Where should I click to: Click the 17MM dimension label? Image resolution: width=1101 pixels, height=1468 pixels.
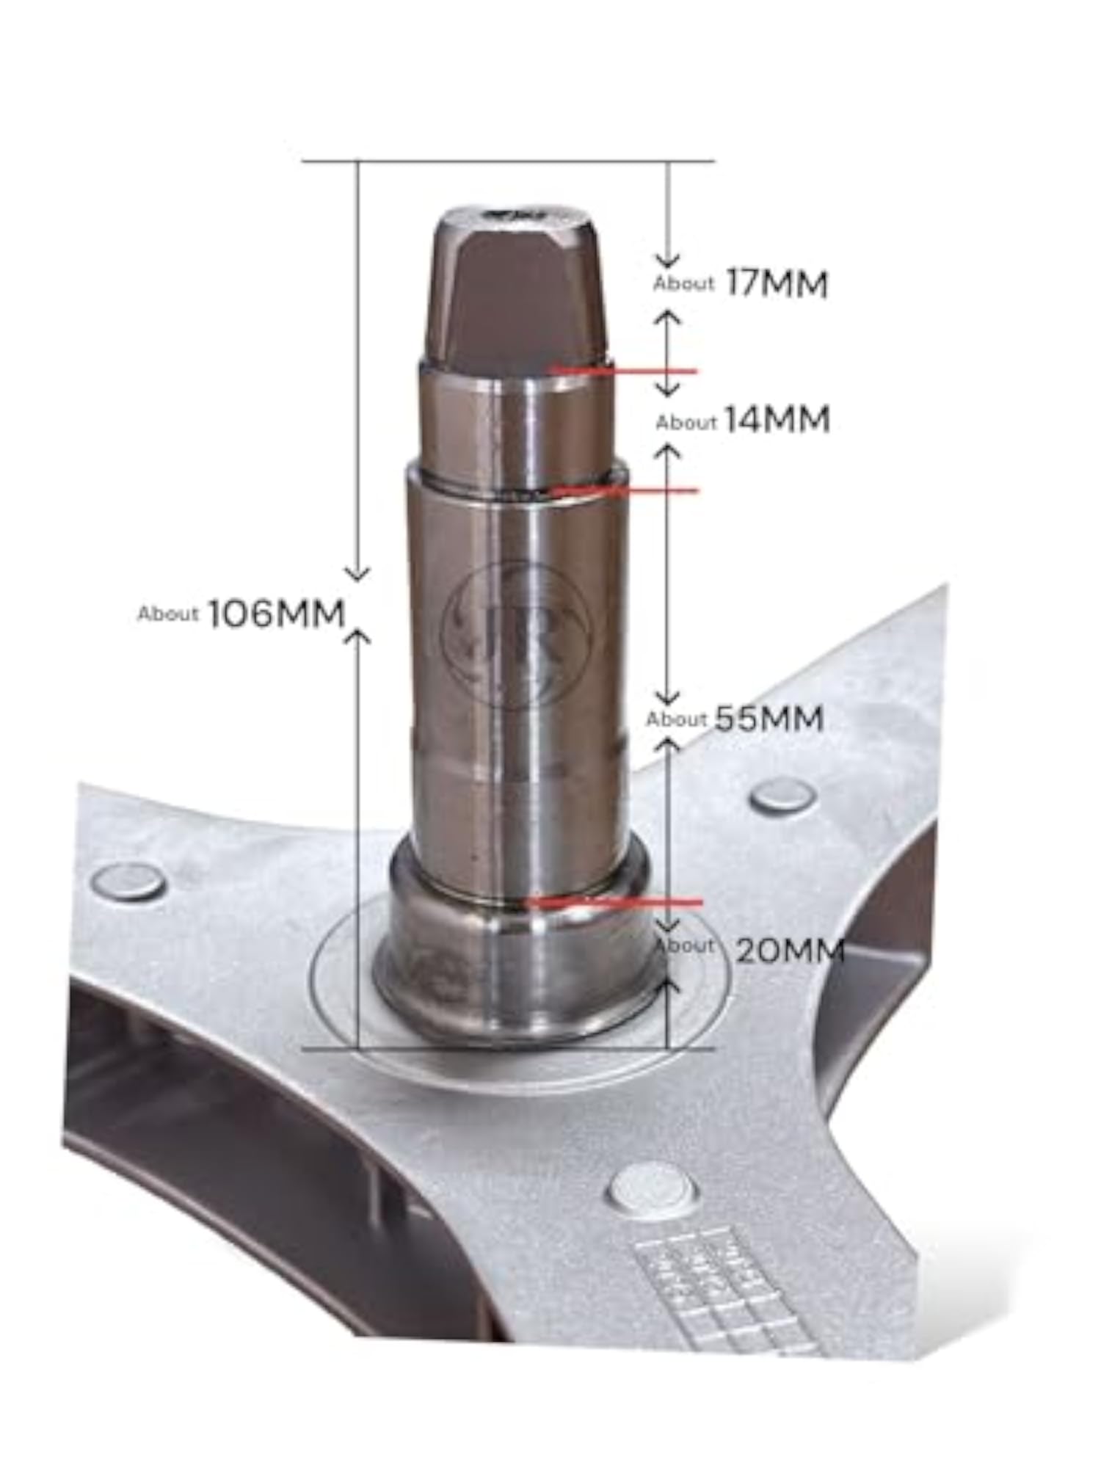777,284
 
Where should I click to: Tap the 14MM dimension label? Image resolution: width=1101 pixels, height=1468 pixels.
777,420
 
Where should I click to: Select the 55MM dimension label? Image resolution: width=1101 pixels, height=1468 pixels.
768,719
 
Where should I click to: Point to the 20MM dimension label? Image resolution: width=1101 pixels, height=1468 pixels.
789,951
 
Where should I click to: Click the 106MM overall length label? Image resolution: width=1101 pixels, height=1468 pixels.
277,614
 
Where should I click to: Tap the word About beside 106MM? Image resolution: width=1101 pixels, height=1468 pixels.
168,614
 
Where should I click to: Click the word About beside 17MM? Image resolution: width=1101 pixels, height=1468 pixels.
683,283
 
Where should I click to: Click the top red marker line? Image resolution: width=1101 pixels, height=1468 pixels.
625,371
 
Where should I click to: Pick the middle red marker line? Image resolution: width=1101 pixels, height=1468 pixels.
625,490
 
